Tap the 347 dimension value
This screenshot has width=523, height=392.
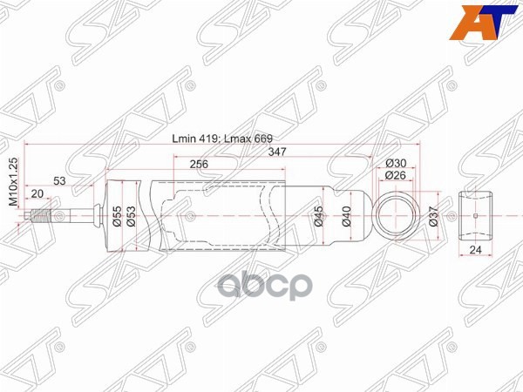[x=278, y=152]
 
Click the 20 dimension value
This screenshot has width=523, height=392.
[x=37, y=193]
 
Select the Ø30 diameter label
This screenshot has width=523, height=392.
[x=397, y=164]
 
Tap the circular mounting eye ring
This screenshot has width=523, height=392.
[x=397, y=214]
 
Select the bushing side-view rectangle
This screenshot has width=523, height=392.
[x=476, y=214]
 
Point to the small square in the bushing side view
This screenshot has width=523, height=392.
[x=476, y=214]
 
